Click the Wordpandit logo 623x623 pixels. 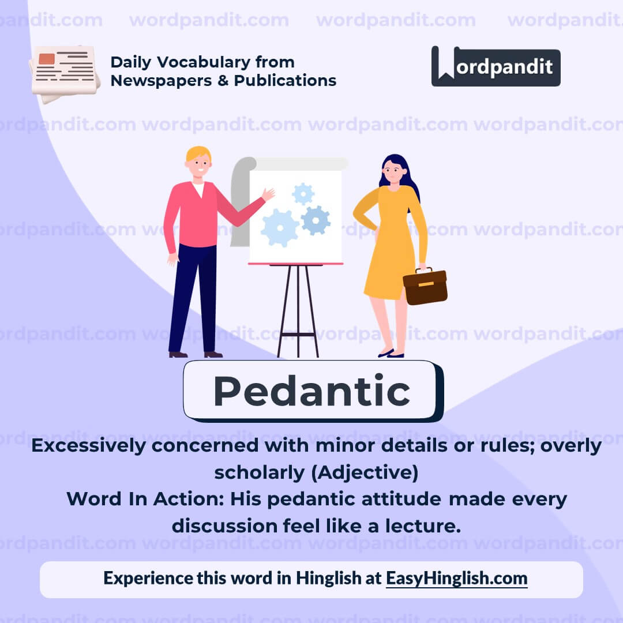pyautogui.click(x=496, y=66)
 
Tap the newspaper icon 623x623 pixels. pyautogui.click(x=65, y=73)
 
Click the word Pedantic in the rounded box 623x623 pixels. pyautogui.click(x=311, y=391)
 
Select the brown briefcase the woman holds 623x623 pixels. pyautogui.click(x=425, y=286)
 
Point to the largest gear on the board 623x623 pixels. pyautogui.click(x=280, y=228)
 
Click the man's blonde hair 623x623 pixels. pyautogui.click(x=198, y=153)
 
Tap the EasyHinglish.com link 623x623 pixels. pyautogui.click(x=456, y=578)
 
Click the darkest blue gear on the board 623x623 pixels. pyautogui.click(x=316, y=220)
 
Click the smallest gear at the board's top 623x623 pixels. pyautogui.click(x=303, y=194)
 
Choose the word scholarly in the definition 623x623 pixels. pyautogui.click(x=260, y=472)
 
